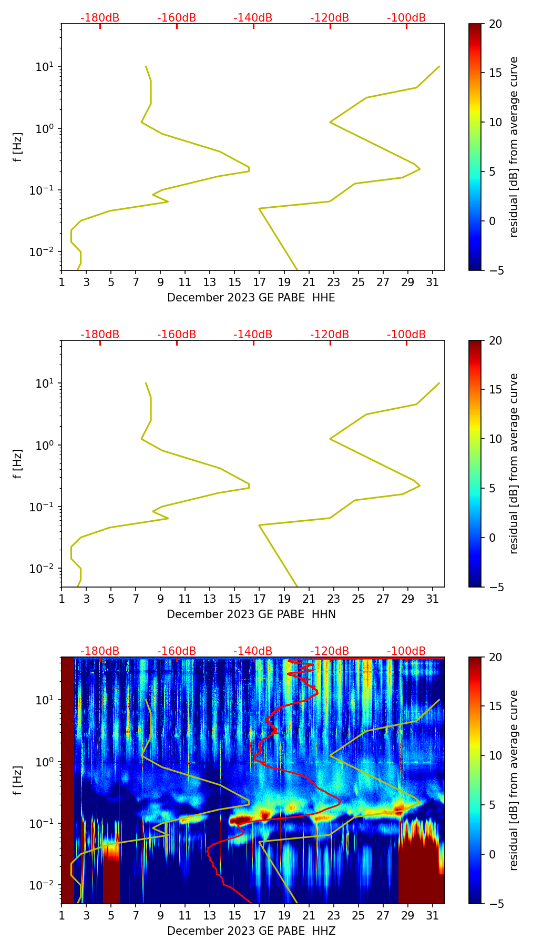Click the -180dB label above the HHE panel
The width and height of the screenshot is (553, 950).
pos(100,18)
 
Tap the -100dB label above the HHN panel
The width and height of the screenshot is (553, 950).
pos(406,335)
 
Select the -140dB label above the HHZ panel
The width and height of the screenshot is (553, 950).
pos(253,651)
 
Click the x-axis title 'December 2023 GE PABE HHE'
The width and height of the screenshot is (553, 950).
pos(251,298)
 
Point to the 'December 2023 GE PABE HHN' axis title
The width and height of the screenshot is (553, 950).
pos(251,614)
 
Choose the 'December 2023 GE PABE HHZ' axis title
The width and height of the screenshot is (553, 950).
pos(251,931)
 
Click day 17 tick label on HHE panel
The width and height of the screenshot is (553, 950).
pos(260,282)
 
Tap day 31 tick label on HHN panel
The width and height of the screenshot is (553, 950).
pos(433,599)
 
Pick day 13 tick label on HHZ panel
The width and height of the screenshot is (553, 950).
pos(210,915)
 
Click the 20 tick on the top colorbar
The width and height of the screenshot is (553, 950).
pos(496,24)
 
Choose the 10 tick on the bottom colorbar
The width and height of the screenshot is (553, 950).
pos(496,756)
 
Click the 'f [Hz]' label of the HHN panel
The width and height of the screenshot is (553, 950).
pos(18,463)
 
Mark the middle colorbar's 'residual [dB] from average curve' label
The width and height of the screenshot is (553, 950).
pos(514,463)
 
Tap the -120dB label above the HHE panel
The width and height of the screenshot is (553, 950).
pos(330,18)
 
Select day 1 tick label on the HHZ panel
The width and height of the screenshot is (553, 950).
pos(62,915)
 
